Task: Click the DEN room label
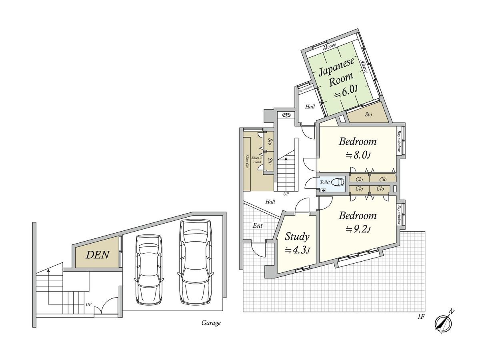click(97, 255)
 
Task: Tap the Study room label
click(297, 237)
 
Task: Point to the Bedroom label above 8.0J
click(358, 142)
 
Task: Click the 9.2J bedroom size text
click(358, 229)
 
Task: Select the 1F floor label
click(421, 323)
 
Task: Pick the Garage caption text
click(211, 323)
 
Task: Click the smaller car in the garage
click(149, 270)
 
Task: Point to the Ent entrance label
click(257, 226)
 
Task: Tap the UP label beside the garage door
click(88, 304)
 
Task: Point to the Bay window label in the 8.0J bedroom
click(399, 141)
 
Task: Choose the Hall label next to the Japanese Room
click(310, 107)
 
